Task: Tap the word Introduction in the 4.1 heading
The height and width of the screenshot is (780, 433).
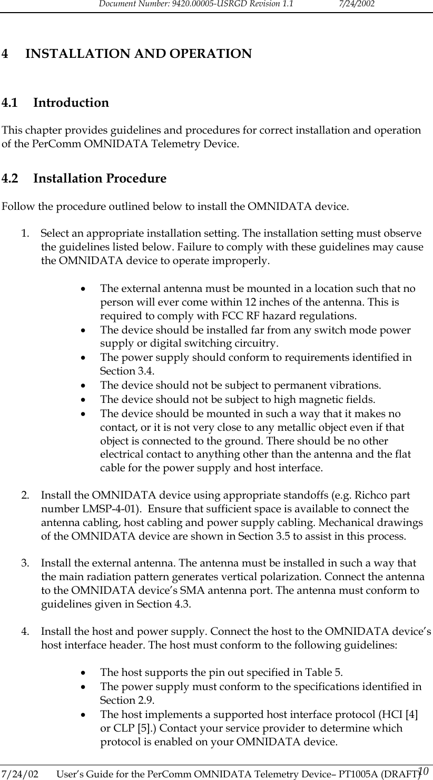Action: point(71,103)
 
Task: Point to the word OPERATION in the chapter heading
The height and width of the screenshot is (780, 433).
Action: point(208,54)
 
